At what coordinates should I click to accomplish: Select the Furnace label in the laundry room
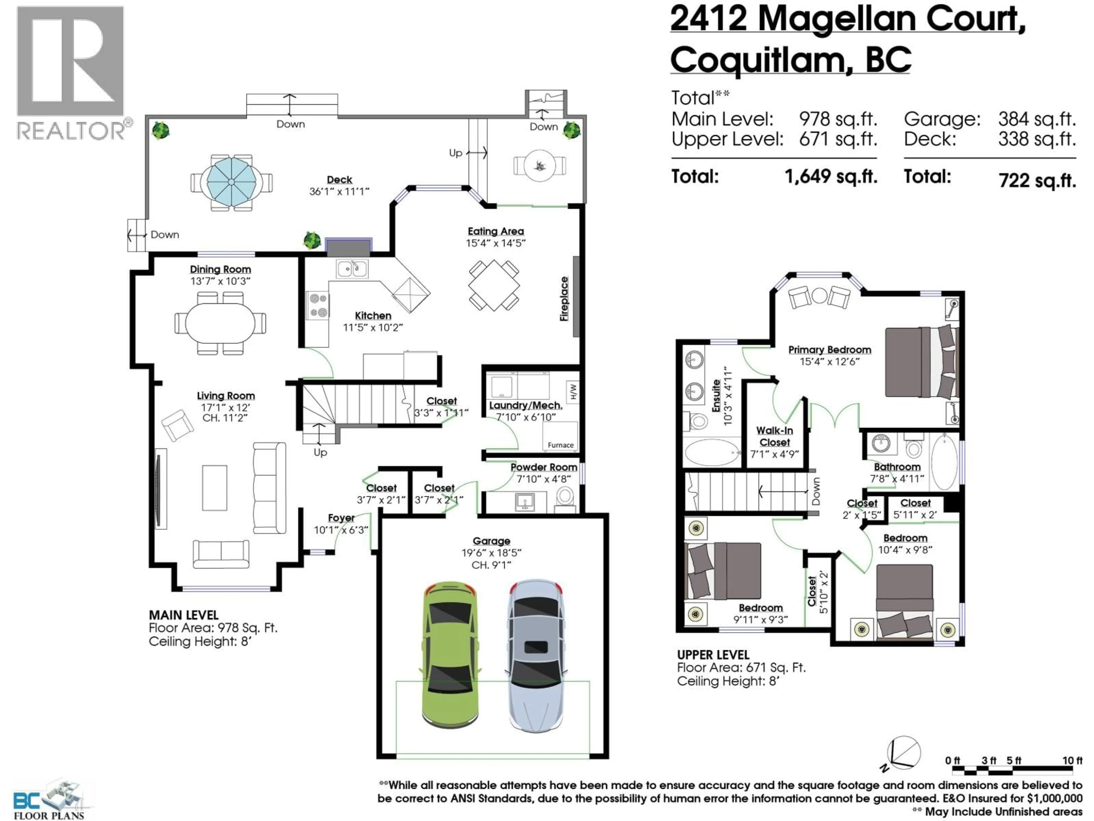tap(560, 445)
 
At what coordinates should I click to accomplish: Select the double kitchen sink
tap(352, 269)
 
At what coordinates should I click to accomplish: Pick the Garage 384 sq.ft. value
tap(1037, 119)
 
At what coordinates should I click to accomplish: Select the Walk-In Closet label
tap(775, 436)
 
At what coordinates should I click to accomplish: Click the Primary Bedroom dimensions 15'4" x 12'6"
tap(829, 362)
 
